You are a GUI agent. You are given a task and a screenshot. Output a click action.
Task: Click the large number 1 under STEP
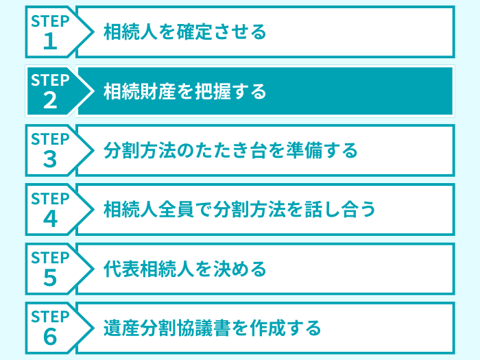[x=50, y=42]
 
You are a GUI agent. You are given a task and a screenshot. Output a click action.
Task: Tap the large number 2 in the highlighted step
[x=50, y=101]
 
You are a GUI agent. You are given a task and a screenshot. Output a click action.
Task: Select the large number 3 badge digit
[x=50, y=160]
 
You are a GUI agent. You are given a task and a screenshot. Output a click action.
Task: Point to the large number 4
[x=50, y=219]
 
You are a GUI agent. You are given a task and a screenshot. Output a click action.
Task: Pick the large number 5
[x=50, y=278]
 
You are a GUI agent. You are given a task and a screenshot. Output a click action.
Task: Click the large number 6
[x=50, y=337]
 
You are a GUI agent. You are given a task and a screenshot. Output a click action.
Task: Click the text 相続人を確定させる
[x=184, y=32]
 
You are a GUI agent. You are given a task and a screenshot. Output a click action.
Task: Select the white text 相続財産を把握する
[x=184, y=91]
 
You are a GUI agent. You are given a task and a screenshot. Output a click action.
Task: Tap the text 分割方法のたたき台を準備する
[x=230, y=150]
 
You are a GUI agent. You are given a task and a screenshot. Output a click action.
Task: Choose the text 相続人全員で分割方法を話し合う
[x=239, y=209]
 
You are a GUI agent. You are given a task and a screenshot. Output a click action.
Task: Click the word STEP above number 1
[x=50, y=21]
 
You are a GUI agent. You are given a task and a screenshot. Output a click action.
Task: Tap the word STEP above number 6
[x=50, y=317]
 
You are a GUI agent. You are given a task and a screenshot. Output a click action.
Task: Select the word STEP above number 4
[x=50, y=199]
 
